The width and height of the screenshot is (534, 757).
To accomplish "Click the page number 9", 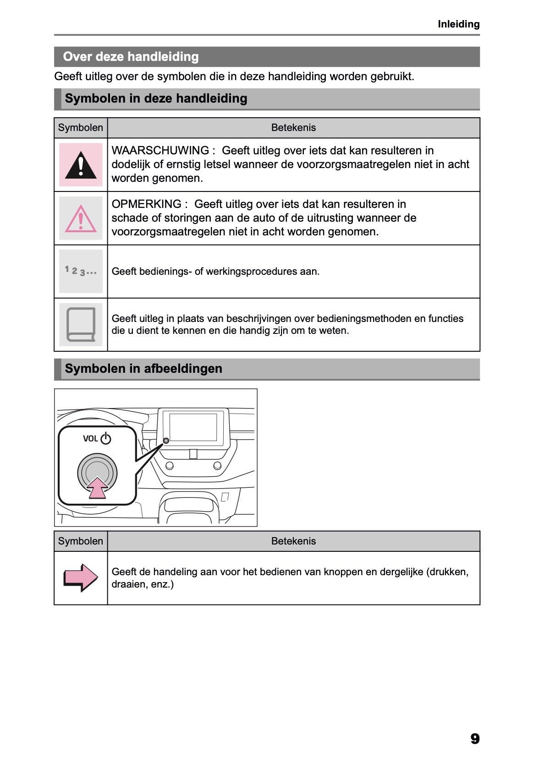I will pos(475,739).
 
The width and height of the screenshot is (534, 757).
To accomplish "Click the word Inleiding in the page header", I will pos(458,24).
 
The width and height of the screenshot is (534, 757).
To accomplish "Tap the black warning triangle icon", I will pos(81,165).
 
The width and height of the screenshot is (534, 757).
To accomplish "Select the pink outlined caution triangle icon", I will pos(81,219).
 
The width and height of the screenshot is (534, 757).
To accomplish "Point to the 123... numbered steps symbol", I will pos(81,271).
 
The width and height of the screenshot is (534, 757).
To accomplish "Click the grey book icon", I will pos(81,324).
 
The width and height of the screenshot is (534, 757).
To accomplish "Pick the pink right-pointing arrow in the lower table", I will pos(81,577).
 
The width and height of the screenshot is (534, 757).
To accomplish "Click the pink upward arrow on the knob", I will pos(97,488).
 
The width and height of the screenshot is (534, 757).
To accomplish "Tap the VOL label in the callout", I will pos(90,439).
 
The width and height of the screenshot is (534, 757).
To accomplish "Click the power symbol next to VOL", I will pos(106,438).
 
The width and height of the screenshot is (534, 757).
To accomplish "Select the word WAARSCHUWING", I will pos(160,151).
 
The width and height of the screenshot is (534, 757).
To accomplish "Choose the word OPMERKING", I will pos(147,204).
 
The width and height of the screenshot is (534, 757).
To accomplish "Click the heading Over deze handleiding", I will pos(131,57).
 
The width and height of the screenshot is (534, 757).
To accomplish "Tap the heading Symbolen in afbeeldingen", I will pos(143,369).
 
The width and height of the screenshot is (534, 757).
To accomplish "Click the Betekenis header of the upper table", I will pos(293,128).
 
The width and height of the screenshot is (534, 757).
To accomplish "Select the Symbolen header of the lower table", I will pos(81,541).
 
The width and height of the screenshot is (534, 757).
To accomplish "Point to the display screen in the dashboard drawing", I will pos(193,427).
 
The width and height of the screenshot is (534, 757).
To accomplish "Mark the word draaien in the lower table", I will pos(127,584).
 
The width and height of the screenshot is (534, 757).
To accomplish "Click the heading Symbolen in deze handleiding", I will pos(156,98).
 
